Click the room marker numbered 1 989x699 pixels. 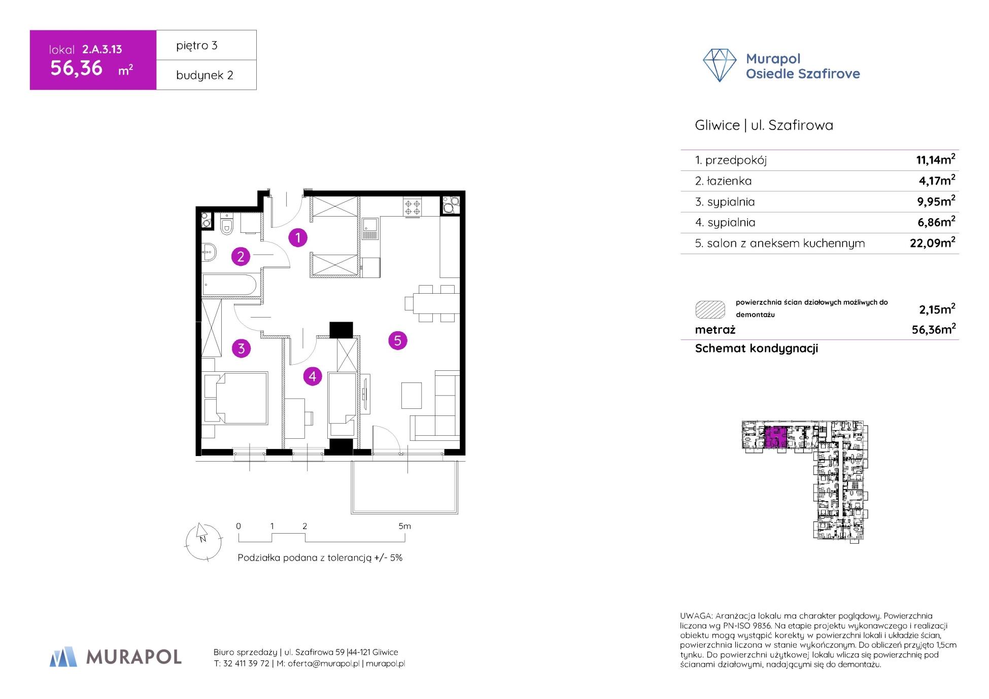(x=298, y=237)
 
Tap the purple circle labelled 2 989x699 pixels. (x=241, y=257)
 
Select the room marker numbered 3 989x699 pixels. (x=241, y=348)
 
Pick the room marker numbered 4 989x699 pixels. (x=312, y=376)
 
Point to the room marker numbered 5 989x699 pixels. (x=398, y=340)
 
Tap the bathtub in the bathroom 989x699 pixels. (x=229, y=285)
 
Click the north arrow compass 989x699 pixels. (x=203, y=541)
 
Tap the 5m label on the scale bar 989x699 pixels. (x=404, y=526)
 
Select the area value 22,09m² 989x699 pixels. (x=932, y=243)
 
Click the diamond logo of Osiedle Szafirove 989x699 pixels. (x=719, y=65)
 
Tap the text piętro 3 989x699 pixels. (x=197, y=46)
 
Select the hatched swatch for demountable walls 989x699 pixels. (x=709, y=309)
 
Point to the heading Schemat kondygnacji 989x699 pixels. (x=756, y=348)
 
